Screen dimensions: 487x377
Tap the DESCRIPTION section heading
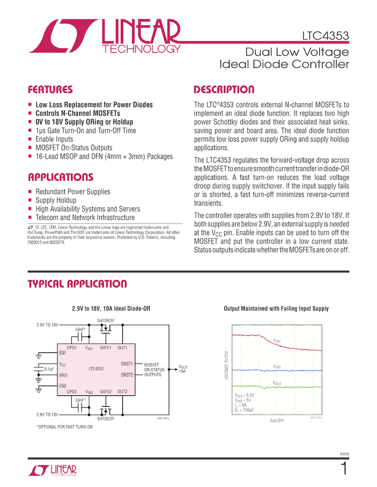pyautogui.click(x=224, y=90)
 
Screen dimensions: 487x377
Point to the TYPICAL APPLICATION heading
pyautogui.click(x=77, y=284)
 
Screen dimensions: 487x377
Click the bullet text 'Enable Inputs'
pyautogui.click(x=55, y=139)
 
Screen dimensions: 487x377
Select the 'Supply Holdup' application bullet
pyautogui.click(x=56, y=201)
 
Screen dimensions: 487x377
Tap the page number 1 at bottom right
pyautogui.click(x=343, y=469)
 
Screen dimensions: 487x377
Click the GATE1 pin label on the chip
pyautogui.click(x=106, y=348)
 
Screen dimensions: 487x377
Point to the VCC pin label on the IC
pyautogui.click(x=63, y=364)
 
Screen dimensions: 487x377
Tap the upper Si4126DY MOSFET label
pyautogui.click(x=106, y=321)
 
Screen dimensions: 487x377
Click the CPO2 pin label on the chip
pyautogui.click(x=72, y=391)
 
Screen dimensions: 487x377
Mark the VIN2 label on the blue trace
pyautogui.click(x=277, y=366)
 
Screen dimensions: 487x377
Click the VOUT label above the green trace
pyautogui.click(x=277, y=383)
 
